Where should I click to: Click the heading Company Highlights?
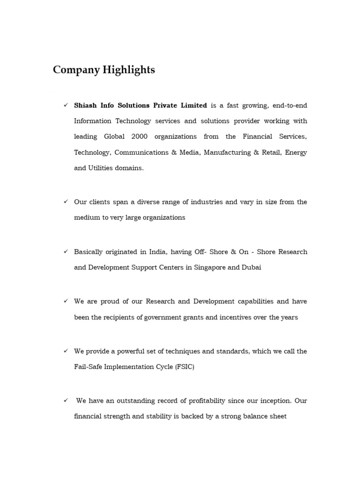104,70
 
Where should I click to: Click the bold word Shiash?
86,105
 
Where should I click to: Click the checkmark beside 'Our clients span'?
66,202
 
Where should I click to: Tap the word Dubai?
251,267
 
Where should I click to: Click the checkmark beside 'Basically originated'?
66,251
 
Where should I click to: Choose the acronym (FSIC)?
185,367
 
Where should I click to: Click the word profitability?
204,401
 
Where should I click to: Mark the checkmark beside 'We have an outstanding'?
66,400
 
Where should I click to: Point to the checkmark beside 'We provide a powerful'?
66,351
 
